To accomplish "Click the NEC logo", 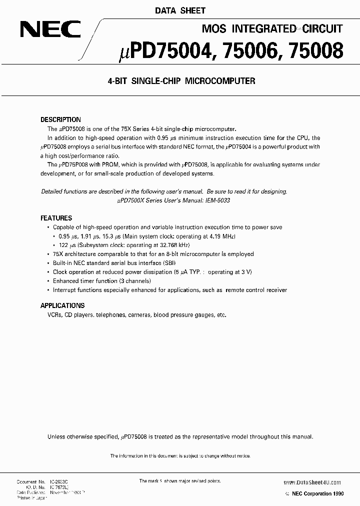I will (50, 30).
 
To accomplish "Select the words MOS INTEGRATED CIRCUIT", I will (271, 28).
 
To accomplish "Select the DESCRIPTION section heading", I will (60, 120).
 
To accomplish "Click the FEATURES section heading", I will (56, 218).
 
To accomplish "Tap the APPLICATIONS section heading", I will (62, 305).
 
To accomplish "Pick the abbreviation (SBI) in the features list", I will (169, 263).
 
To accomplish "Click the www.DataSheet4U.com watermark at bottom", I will (312, 482).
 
